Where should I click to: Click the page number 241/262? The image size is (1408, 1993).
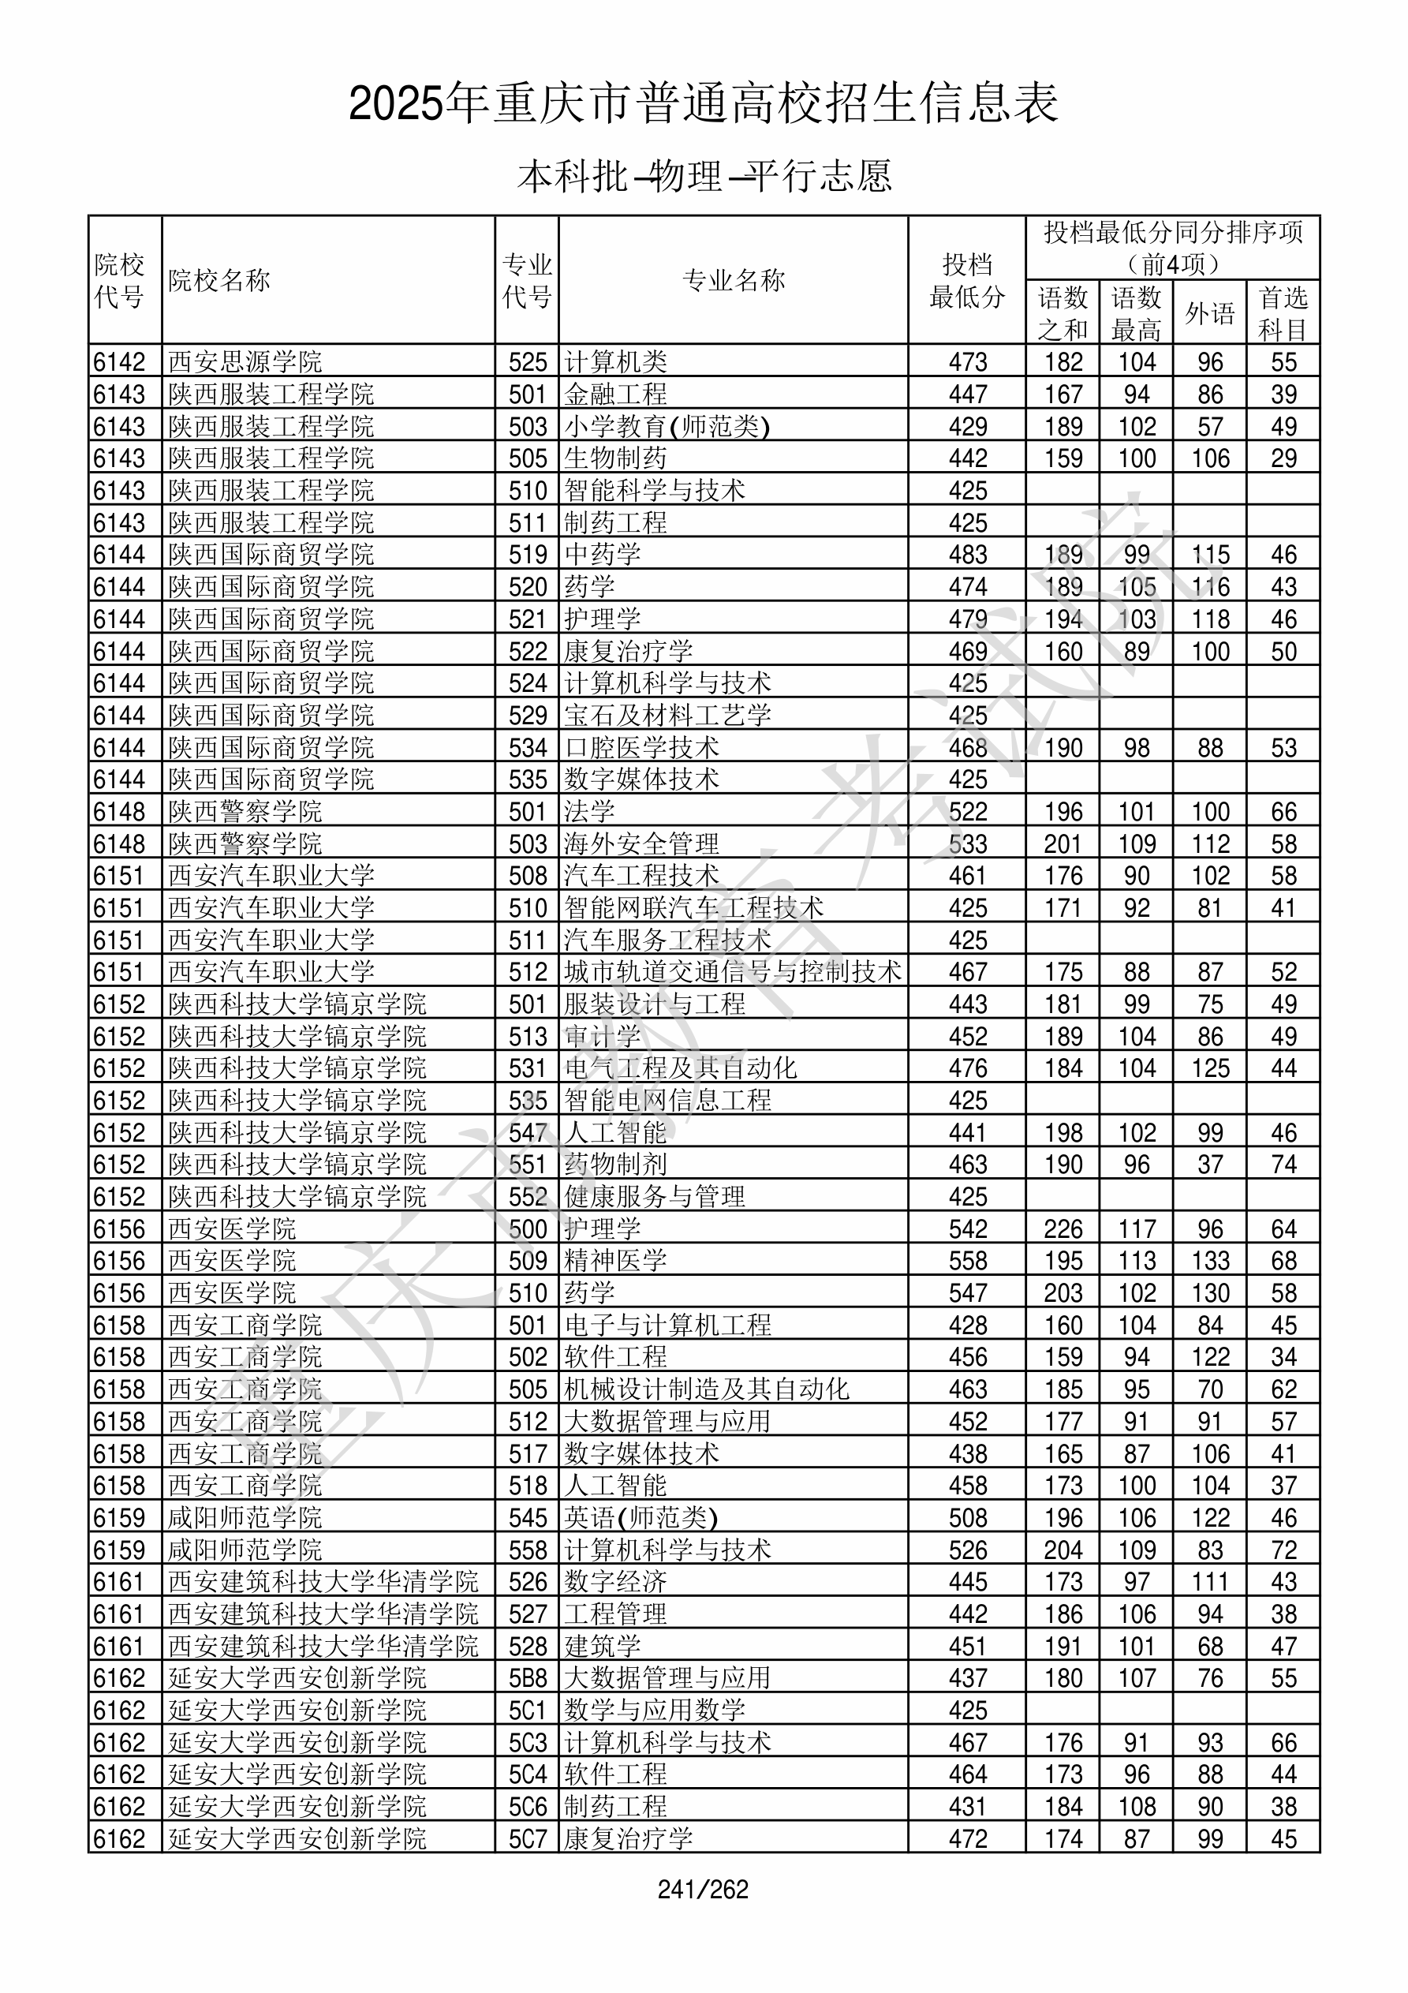(x=703, y=1889)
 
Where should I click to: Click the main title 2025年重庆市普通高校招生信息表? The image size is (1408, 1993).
(x=703, y=103)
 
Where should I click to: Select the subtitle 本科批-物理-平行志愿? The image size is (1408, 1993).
(x=704, y=176)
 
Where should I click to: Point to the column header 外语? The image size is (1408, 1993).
(x=1209, y=312)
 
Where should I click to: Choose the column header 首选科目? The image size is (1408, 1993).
(x=1283, y=312)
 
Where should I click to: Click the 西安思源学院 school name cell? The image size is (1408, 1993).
(x=245, y=362)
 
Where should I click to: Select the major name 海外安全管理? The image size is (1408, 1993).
(x=641, y=843)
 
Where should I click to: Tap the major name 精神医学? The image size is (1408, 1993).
(x=615, y=1260)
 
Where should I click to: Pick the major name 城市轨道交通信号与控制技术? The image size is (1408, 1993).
(x=733, y=972)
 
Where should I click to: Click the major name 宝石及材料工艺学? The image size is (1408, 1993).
(x=667, y=716)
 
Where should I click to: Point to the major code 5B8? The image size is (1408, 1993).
(x=528, y=1678)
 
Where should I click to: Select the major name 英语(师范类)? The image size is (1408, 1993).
(x=641, y=1517)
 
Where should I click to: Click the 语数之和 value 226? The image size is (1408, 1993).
(x=1063, y=1229)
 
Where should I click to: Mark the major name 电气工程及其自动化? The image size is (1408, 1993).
(x=681, y=1068)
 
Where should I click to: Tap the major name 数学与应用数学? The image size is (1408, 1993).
(x=655, y=1710)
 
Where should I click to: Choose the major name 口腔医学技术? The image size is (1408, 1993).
(x=641, y=747)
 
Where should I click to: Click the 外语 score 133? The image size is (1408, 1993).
(x=1209, y=1260)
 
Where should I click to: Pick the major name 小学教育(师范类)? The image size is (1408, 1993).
(x=667, y=426)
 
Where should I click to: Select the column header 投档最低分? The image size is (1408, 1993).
(x=966, y=280)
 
